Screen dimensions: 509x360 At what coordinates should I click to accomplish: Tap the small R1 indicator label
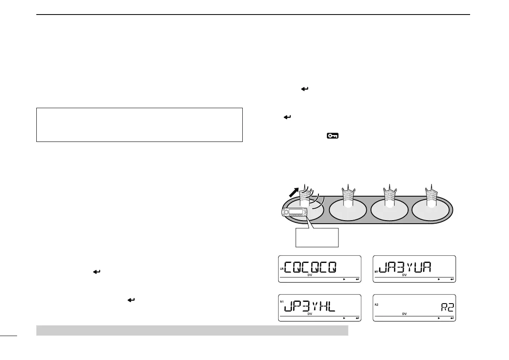[x=282, y=302]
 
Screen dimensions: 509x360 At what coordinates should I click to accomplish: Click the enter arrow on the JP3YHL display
[x=357, y=318]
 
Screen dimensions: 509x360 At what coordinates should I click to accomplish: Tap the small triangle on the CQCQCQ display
[x=344, y=279]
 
